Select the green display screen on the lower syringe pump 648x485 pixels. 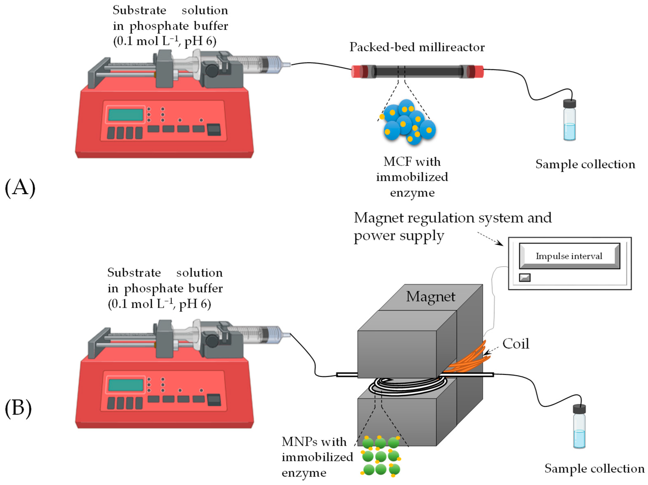click(125, 385)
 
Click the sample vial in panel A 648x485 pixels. click(569, 120)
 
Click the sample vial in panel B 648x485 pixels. click(579, 426)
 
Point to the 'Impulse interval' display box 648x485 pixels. click(569, 256)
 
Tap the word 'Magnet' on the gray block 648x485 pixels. click(430, 297)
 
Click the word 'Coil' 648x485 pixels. click(516, 343)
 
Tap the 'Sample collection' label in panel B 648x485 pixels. click(594, 469)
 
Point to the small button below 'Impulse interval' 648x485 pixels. click(524, 277)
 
